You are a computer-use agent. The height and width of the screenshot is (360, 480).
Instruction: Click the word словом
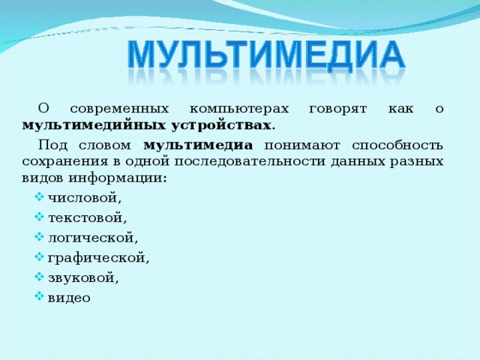click(x=104, y=145)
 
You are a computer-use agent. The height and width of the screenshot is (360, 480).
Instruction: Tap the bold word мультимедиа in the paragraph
click(x=197, y=145)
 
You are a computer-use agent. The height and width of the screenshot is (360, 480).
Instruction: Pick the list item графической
click(x=98, y=258)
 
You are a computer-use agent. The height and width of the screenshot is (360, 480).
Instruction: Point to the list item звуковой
click(x=82, y=277)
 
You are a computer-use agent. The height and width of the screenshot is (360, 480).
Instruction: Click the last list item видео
click(x=68, y=298)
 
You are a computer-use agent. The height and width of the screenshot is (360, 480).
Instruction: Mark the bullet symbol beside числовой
click(x=38, y=198)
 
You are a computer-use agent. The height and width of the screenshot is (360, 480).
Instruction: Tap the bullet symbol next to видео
click(x=38, y=297)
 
